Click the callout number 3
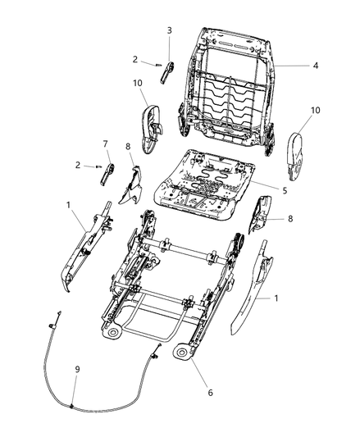(x=170, y=30)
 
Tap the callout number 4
(x=316, y=66)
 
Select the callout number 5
(x=285, y=191)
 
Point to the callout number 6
(x=210, y=393)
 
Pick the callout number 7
(x=105, y=143)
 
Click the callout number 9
(x=77, y=369)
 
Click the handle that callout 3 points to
(x=167, y=72)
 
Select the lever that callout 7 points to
(x=107, y=174)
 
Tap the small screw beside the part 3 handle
(x=158, y=66)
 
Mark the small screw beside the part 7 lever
(x=98, y=167)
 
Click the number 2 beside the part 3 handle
(x=135, y=59)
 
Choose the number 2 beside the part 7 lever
(x=78, y=165)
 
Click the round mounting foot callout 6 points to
(x=181, y=353)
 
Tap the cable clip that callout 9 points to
(x=71, y=407)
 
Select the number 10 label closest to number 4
(x=316, y=111)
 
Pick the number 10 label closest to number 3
(x=138, y=83)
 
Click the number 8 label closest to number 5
(x=290, y=219)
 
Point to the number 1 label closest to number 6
(x=276, y=298)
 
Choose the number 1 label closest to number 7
(x=68, y=205)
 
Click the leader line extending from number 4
(x=291, y=66)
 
